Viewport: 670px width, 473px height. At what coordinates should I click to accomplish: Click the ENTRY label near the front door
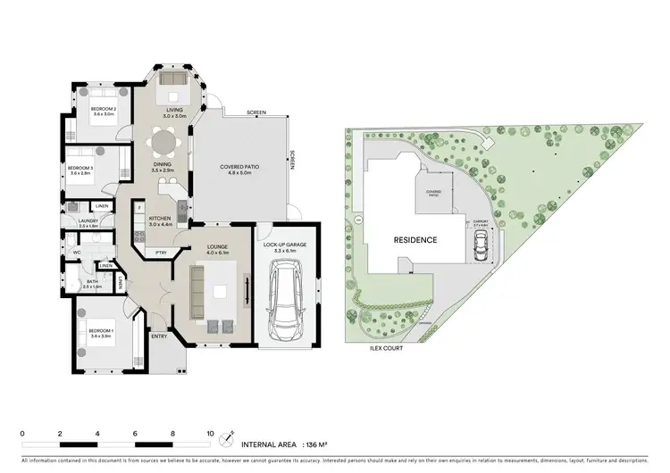(159, 336)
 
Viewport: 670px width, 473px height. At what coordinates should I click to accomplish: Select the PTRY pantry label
(162, 252)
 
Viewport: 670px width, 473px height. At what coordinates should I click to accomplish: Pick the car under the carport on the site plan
(482, 247)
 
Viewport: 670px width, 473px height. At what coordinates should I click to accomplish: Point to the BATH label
(92, 281)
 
